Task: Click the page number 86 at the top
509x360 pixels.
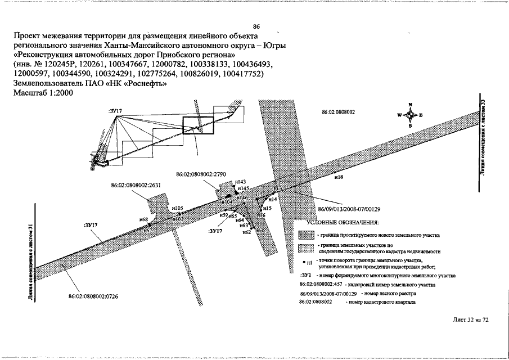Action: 256,26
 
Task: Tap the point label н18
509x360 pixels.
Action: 339,177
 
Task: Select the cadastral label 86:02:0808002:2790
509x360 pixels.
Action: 201,174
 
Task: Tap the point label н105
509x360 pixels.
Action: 178,208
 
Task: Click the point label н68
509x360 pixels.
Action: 143,219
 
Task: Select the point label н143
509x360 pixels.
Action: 240,182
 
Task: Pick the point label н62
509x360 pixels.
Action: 246,232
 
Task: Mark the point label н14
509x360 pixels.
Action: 273,199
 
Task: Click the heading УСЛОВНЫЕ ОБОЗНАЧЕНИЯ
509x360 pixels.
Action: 343,222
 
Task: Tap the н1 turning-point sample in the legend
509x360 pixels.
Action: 307,262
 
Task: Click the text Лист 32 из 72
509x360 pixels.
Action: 470,319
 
